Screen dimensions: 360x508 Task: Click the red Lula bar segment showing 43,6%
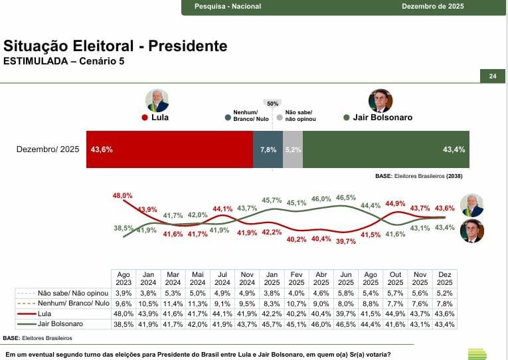[x=169, y=149]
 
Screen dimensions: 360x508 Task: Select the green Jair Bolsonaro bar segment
[x=386, y=149]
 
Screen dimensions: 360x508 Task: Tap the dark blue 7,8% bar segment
[x=268, y=149]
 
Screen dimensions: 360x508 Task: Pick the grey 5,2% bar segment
[x=293, y=149]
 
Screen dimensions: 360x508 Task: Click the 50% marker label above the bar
[x=272, y=104]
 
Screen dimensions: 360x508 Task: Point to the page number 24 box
[x=493, y=76]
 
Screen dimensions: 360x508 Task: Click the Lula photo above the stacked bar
[x=157, y=100]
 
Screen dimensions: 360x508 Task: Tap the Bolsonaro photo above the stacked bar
[x=381, y=100]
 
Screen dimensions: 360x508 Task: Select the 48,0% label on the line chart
[x=123, y=196]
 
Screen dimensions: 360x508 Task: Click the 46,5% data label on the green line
[x=345, y=197]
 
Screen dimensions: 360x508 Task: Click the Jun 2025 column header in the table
[x=345, y=278]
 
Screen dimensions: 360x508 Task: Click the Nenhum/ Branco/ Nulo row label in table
[x=62, y=303]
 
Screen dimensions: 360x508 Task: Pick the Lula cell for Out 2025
[x=395, y=314]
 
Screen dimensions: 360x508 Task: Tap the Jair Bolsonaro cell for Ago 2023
[x=124, y=324]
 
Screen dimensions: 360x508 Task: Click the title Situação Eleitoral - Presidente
[x=116, y=46]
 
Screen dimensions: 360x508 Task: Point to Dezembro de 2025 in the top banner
[x=432, y=7]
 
